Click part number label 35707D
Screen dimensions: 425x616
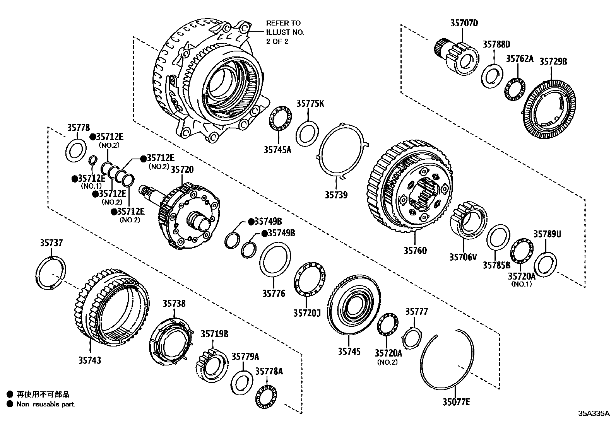point(464,23)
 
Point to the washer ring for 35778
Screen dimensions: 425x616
point(76,150)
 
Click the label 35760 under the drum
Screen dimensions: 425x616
point(415,251)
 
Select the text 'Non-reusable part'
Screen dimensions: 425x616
point(45,404)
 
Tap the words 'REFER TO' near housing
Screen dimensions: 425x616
point(283,23)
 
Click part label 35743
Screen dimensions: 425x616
point(90,360)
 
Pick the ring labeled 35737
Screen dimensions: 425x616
point(51,273)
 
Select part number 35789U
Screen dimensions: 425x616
point(547,234)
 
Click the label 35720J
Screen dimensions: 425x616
point(307,312)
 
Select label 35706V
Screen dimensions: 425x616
point(463,256)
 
